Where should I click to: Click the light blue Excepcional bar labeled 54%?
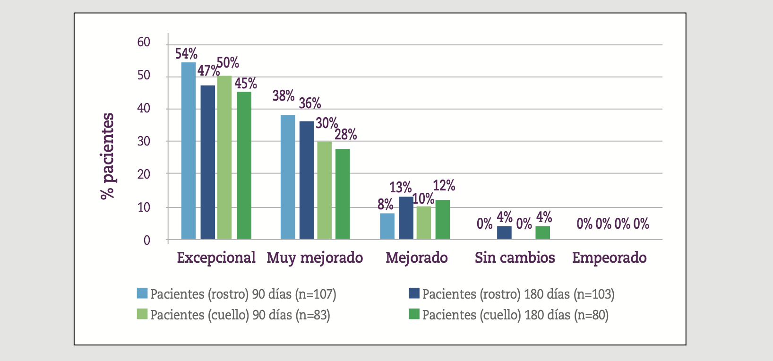pyautogui.click(x=189, y=151)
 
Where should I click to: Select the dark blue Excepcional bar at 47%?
pyautogui.click(x=207, y=162)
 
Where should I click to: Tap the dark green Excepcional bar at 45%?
pyautogui.click(x=244, y=165)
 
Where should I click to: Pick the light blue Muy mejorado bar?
pyautogui.click(x=288, y=177)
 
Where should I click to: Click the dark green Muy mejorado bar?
pyautogui.click(x=343, y=194)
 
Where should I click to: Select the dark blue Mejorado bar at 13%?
pyautogui.click(x=406, y=218)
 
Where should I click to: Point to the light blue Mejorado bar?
pyautogui.click(x=387, y=226)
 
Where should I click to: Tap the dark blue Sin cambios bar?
pyautogui.click(x=504, y=233)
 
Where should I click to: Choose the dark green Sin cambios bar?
pyautogui.click(x=542, y=233)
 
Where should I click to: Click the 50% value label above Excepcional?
pyautogui.click(x=228, y=62)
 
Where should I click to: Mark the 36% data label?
pyautogui.click(x=310, y=103)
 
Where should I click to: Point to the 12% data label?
pyautogui.click(x=444, y=186)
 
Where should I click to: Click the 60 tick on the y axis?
pyautogui.click(x=144, y=42)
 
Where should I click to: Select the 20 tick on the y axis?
pyautogui.click(x=144, y=174)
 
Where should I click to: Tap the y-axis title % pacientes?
pyautogui.click(x=108, y=156)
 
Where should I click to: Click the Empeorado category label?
pyautogui.click(x=609, y=258)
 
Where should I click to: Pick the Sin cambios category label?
pyautogui.click(x=515, y=258)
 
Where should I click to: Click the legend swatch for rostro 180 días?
pyautogui.click(x=414, y=293)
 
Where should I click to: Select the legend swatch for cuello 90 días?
pyautogui.click(x=142, y=314)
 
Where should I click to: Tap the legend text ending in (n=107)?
pyautogui.click(x=243, y=294)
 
